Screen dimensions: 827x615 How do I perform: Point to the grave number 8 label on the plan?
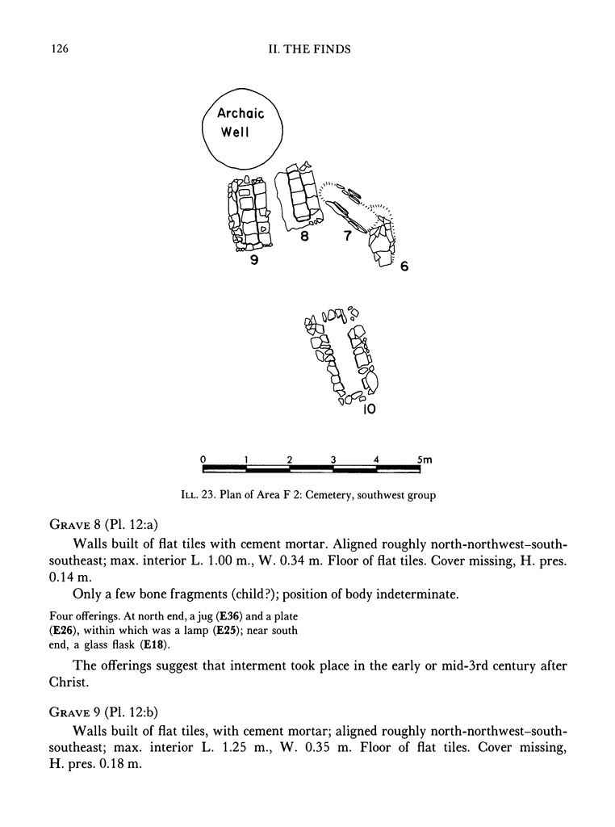coord(304,237)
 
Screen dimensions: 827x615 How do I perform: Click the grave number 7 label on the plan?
coord(346,237)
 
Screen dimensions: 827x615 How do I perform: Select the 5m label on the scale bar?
coord(425,459)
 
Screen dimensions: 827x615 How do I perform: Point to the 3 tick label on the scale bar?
coord(333,459)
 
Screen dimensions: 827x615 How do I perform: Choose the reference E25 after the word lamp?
coord(224,630)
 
